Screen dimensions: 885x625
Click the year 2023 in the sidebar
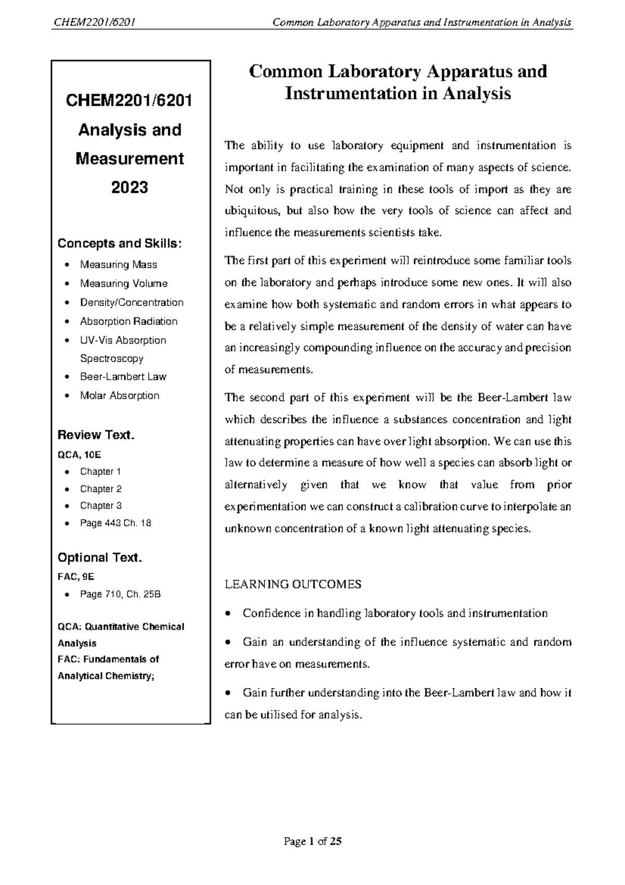click(130, 187)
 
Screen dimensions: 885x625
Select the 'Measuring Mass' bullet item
click(118, 265)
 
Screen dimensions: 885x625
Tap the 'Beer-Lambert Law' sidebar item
click(123, 377)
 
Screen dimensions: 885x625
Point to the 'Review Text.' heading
click(96, 435)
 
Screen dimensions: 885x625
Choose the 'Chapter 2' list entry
click(101, 489)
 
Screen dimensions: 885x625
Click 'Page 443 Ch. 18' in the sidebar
click(115, 523)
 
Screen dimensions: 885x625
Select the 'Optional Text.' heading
click(99, 558)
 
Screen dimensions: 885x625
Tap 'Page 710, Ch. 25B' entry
click(120, 594)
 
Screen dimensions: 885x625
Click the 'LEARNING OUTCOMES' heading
click(293, 584)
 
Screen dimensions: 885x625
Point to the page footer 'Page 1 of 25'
click(312, 841)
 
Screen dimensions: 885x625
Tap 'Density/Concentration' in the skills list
click(131, 303)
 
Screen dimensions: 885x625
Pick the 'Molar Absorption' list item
click(119, 396)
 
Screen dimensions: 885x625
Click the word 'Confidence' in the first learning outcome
click(271, 613)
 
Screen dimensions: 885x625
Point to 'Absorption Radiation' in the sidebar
click(129, 322)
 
